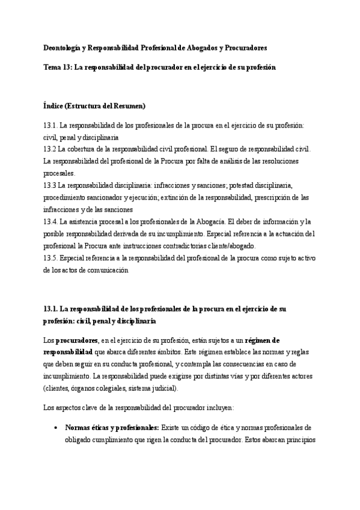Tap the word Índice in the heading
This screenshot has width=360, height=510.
54,106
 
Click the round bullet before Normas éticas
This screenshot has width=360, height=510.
55,428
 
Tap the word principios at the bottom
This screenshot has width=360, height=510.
295,440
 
